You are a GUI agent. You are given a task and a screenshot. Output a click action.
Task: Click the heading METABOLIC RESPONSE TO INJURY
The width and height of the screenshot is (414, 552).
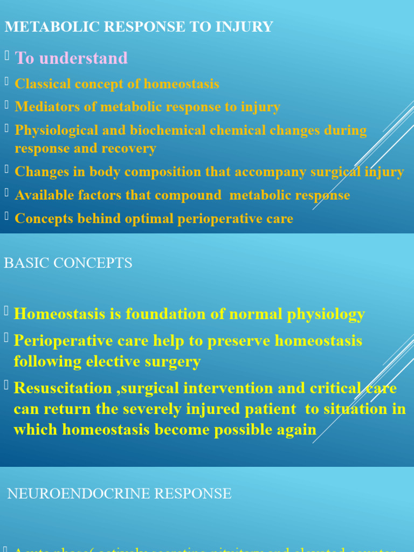coord(139,26)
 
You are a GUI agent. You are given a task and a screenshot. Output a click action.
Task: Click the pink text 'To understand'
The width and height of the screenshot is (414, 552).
coord(71,58)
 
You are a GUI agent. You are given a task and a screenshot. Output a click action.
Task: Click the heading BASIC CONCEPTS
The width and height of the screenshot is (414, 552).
coord(68,263)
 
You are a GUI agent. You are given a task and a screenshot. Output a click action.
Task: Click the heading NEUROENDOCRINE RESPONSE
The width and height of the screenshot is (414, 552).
coord(119,493)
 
